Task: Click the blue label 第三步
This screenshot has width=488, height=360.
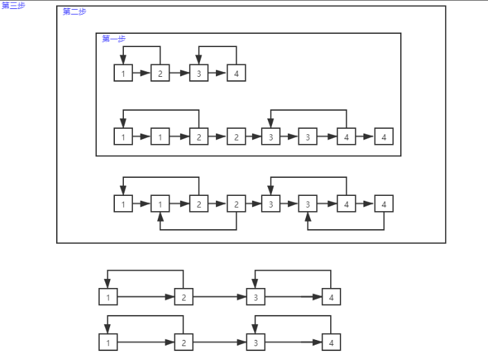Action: point(13,6)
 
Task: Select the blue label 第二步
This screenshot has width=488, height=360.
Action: point(74,12)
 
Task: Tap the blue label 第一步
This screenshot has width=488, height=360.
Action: point(114,39)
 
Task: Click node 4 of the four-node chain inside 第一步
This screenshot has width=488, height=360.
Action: point(236,73)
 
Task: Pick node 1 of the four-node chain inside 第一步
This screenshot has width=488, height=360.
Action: point(123,73)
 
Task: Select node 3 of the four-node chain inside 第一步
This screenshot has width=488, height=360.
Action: point(199,73)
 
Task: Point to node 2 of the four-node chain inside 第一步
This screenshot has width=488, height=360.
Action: point(161,73)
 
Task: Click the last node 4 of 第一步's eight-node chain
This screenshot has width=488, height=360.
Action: point(383,137)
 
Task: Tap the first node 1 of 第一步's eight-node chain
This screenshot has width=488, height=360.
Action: point(123,137)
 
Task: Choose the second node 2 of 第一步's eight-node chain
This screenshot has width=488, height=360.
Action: point(236,137)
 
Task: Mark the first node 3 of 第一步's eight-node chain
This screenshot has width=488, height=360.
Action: point(271,137)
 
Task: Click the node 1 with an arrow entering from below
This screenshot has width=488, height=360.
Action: point(161,204)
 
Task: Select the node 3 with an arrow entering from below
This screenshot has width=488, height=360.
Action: point(308,204)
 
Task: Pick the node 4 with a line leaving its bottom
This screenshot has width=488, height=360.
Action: point(383,204)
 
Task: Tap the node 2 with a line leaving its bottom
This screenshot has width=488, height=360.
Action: point(236,204)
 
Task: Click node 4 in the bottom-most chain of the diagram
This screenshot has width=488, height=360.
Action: point(331,343)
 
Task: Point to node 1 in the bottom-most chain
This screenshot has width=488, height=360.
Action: point(108,343)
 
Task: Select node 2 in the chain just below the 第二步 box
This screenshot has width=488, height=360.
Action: point(183,298)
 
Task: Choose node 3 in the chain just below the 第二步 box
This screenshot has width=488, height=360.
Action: point(256,298)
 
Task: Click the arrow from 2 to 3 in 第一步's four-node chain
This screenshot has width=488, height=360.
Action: point(179,73)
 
